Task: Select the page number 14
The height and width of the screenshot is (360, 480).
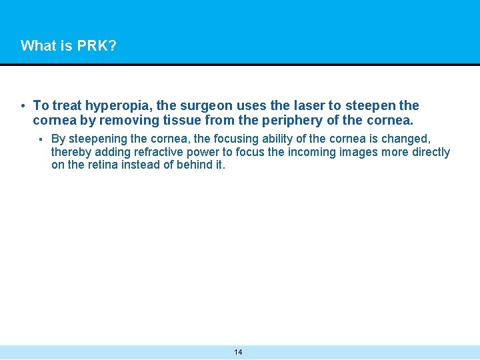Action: pyautogui.click(x=239, y=352)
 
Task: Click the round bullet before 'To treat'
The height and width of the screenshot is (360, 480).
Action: pyautogui.click(x=23, y=106)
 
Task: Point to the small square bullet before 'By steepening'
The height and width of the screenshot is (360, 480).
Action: pyautogui.click(x=41, y=139)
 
